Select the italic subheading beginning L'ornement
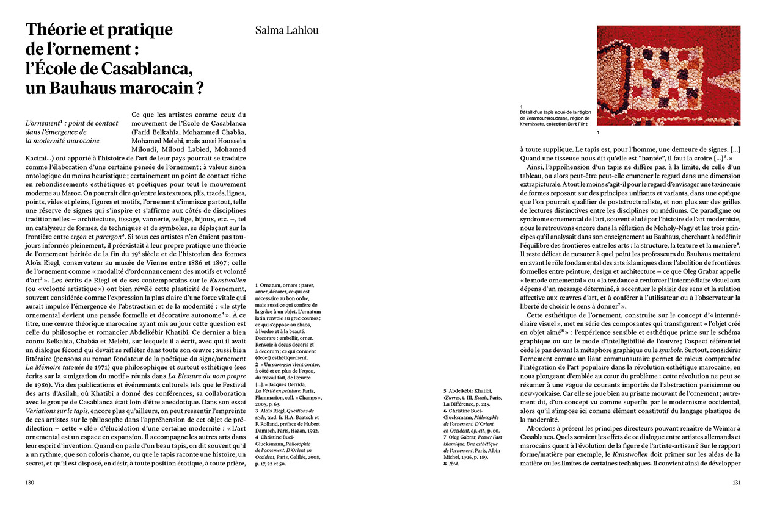[73, 132]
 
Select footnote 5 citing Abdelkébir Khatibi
[470, 397]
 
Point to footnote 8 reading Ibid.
[453, 465]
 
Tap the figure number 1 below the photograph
[599, 132]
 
